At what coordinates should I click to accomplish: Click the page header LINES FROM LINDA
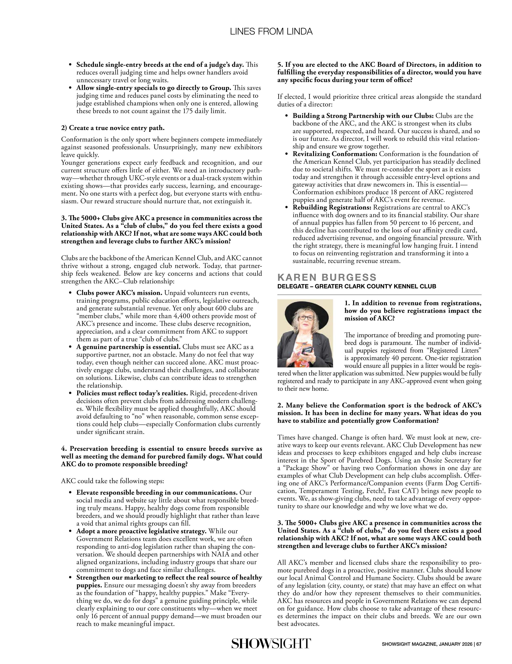coord(271,32)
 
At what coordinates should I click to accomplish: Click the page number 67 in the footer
coord(479,644)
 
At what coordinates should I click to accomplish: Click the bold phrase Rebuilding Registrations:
coord(332,207)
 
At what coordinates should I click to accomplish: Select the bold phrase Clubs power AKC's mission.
coord(119,293)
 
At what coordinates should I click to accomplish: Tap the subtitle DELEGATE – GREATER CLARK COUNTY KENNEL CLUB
coord(356,286)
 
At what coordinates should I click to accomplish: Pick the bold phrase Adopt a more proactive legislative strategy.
coord(141,531)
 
